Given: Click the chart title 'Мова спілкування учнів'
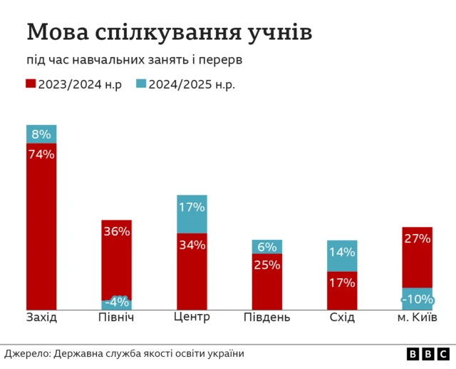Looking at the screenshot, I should tap(169, 32).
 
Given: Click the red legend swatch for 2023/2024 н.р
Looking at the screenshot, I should tap(31, 84).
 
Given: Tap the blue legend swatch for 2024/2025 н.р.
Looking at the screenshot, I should tap(140, 84).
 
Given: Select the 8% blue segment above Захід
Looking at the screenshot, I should tap(41, 134).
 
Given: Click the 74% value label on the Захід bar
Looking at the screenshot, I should tap(41, 153).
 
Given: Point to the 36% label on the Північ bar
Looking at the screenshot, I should tap(116, 231).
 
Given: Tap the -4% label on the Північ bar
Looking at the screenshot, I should tap(116, 302).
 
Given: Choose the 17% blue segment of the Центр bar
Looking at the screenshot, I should tap(192, 213).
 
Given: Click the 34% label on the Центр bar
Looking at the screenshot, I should tap(192, 245).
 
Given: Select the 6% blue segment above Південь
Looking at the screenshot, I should tap(266, 247).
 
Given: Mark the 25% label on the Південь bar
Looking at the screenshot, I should tap(266, 265).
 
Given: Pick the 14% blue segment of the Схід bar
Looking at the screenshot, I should tap(342, 256).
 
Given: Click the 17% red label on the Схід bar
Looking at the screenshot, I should tap(342, 283).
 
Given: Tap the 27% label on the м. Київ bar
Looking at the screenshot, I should tap(417, 238).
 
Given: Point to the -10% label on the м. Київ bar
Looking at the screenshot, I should tap(417, 299).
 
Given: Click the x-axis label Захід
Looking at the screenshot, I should tap(41, 317).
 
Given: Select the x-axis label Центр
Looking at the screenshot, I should tap(192, 316).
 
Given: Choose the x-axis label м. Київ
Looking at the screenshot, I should tap(417, 317).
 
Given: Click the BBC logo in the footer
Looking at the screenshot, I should tap(428, 354).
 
